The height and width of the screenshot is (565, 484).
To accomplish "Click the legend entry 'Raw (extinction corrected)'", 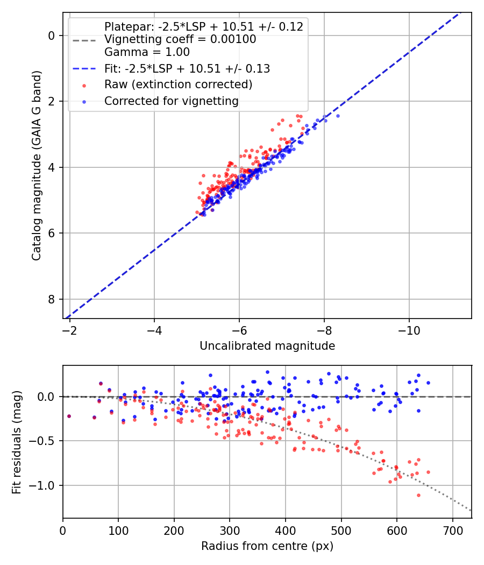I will click(x=178, y=84).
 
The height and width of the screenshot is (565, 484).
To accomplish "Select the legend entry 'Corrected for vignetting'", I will click(x=172, y=101).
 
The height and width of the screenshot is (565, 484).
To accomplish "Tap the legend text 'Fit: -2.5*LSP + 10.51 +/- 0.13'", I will click(x=187, y=68).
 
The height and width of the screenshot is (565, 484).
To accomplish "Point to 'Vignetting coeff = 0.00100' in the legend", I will click(x=180, y=39).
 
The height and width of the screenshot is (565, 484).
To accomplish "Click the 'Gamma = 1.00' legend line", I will click(x=147, y=52).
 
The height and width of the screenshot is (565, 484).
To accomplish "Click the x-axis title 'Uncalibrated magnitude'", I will click(x=267, y=346).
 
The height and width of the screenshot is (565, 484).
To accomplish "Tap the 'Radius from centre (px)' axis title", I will click(x=267, y=546).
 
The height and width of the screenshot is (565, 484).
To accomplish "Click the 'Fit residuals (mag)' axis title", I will click(x=17, y=442).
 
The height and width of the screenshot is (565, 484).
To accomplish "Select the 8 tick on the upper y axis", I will click(x=52, y=299).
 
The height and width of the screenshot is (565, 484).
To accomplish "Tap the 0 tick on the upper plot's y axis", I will click(x=52, y=36).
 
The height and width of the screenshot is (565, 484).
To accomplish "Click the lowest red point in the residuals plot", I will click(x=418, y=495).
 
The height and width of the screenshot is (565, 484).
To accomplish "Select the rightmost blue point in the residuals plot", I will click(x=428, y=383).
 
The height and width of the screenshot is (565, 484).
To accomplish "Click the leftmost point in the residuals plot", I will click(x=69, y=416).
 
